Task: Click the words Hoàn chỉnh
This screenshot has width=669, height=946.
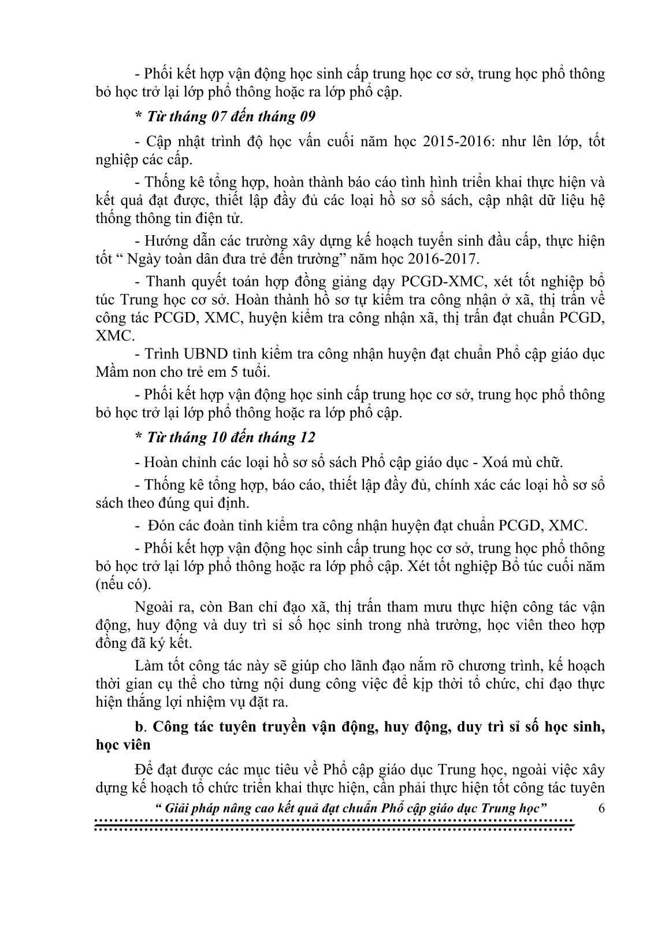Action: (172, 462)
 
